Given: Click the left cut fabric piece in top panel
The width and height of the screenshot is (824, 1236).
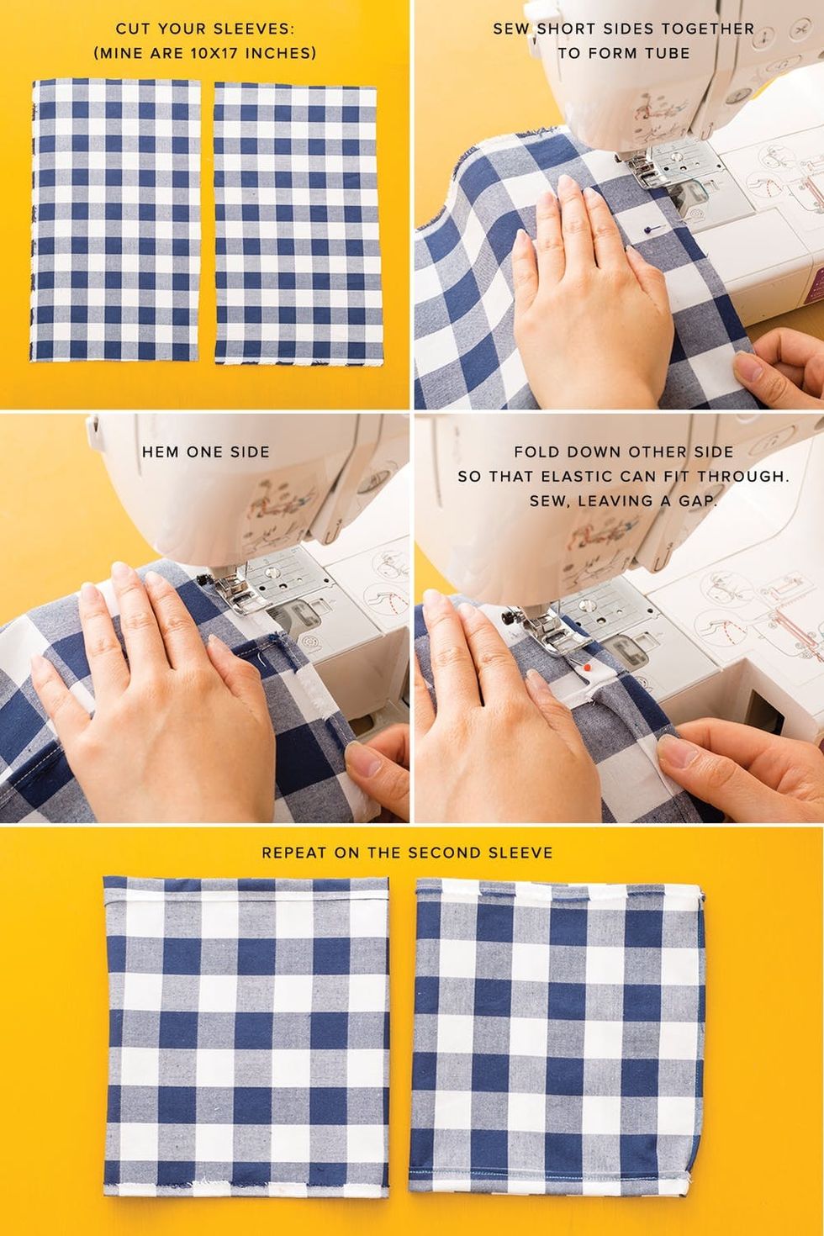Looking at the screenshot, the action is pos(116,219).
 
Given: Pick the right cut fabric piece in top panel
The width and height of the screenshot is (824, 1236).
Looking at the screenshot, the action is pos(297,224).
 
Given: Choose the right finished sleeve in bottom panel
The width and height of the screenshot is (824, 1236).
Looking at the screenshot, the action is pos(557,1011).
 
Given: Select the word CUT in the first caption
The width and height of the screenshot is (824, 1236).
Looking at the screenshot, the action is pos(130,29).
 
